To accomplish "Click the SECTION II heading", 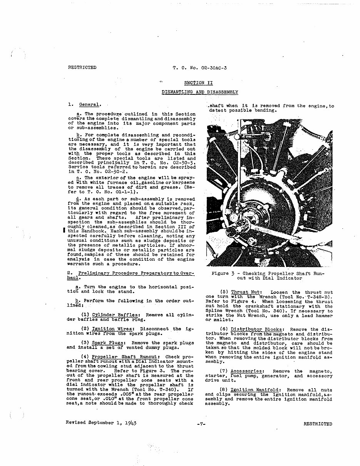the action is click(x=198, y=83).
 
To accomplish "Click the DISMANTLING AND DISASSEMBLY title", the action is click(x=199, y=92).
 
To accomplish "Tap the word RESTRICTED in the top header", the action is click(x=82, y=68).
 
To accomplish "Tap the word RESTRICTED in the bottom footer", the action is click(x=317, y=424).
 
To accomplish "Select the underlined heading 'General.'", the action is click(x=90, y=104).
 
